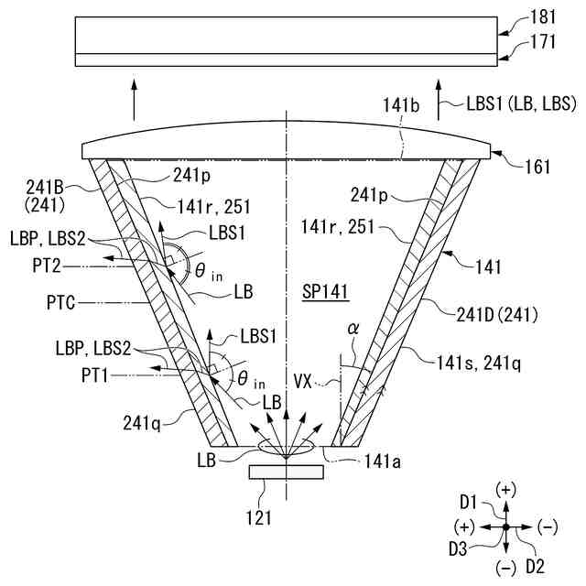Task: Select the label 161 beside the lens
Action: [538, 167]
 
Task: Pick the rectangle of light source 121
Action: [286, 472]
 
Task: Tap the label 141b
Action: [401, 108]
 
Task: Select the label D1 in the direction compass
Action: [470, 501]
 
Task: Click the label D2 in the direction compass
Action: [535, 566]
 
